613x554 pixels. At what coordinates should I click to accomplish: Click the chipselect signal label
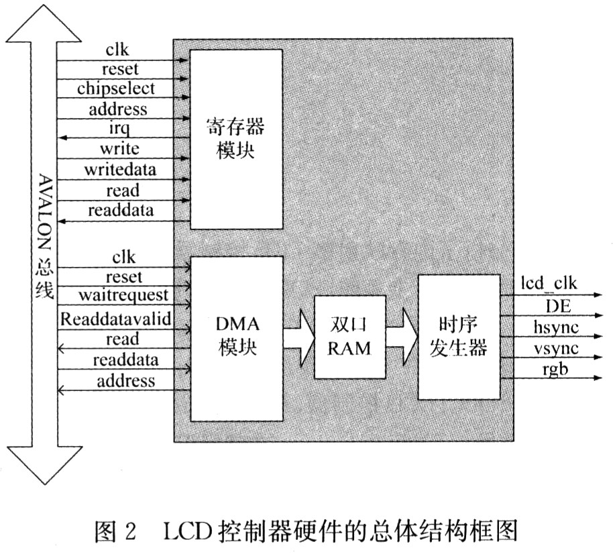point(116,89)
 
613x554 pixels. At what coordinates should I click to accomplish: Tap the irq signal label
point(119,128)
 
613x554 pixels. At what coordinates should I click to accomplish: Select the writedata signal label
point(120,170)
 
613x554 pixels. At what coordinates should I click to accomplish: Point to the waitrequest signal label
point(123,295)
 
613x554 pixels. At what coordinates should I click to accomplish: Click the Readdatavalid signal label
point(116,319)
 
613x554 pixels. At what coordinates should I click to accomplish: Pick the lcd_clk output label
point(549,283)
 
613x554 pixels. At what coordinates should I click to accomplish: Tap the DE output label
point(558,306)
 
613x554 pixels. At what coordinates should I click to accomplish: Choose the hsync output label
point(556,327)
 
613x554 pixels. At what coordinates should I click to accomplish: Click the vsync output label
point(556,348)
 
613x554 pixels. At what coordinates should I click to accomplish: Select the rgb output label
point(555,369)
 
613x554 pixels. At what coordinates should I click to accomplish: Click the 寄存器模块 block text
point(235,138)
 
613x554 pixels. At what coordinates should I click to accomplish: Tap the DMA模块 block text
point(237,336)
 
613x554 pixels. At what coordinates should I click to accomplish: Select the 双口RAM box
point(350,337)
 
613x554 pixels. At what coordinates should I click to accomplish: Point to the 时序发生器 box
point(459,337)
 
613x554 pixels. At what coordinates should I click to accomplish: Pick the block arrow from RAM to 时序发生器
point(402,337)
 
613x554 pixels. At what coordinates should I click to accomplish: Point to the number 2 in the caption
point(129,531)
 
